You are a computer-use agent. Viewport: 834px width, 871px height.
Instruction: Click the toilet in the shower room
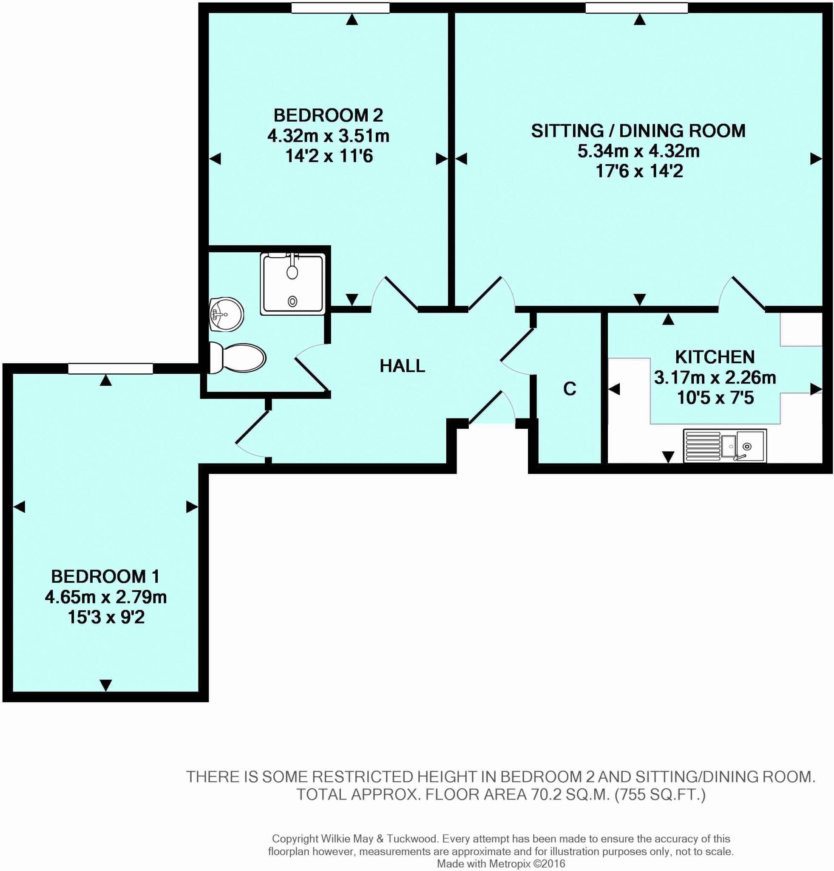[237, 357]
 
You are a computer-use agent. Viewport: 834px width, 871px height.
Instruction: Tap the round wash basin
[227, 314]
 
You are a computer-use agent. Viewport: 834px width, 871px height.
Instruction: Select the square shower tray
[292, 284]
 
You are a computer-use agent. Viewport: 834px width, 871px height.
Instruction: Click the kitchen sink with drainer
[725, 445]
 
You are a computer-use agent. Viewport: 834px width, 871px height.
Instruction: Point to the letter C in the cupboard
[569, 389]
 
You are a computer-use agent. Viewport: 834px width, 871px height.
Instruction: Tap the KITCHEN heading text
[715, 357]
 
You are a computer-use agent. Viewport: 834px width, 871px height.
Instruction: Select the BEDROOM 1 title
[105, 576]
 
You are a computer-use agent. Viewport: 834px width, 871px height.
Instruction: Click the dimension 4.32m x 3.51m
[328, 136]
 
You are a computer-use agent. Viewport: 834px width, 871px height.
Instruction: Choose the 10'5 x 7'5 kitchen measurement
[715, 398]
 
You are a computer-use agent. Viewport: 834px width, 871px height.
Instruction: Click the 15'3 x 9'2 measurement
[106, 617]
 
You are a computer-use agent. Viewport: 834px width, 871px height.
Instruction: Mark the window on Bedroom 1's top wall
[110, 368]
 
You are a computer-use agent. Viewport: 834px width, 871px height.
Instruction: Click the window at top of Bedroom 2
[340, 8]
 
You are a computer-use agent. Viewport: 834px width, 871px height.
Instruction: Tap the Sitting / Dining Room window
[636, 8]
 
